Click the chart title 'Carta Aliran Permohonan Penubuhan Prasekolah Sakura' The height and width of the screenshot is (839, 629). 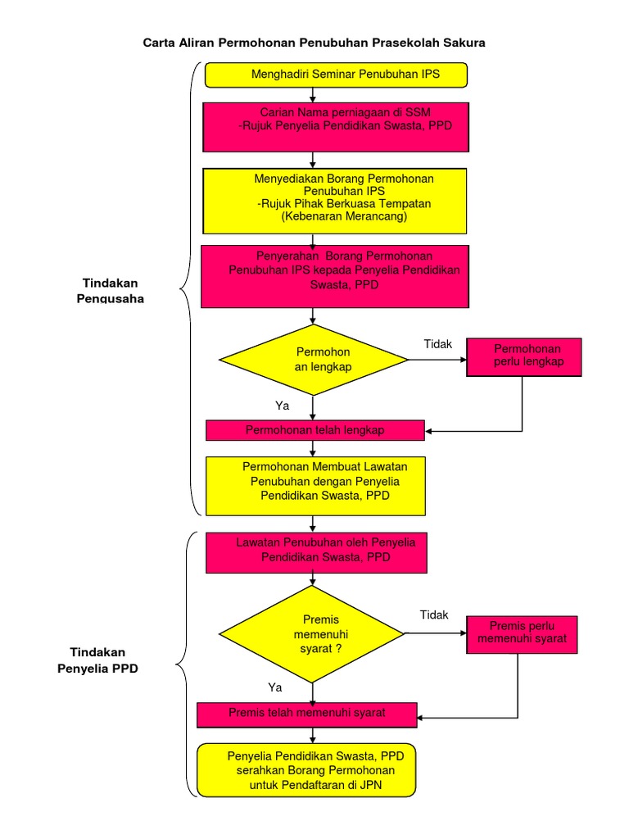[x=314, y=43]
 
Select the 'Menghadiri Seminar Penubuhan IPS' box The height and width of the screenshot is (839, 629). [x=336, y=75]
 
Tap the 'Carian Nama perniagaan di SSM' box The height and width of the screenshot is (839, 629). [x=336, y=126]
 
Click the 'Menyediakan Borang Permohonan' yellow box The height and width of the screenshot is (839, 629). [x=335, y=201]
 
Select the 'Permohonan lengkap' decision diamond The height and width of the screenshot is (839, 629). [x=314, y=360]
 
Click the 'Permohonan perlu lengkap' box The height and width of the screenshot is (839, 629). [x=524, y=356]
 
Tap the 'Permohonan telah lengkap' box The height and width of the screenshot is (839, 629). [x=314, y=430]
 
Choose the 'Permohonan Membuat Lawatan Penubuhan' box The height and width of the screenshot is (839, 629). [x=315, y=485]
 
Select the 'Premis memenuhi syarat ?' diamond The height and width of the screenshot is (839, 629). [x=314, y=633]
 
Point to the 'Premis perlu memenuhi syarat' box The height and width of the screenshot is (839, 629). [x=522, y=634]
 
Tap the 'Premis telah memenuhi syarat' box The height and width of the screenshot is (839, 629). [x=307, y=714]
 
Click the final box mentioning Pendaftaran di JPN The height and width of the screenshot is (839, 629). [x=306, y=770]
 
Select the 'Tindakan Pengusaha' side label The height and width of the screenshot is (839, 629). [x=110, y=290]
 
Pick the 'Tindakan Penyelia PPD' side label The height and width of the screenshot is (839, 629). [x=97, y=660]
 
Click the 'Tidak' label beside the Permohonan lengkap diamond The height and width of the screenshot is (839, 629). [x=437, y=344]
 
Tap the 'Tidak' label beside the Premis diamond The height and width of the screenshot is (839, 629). [x=434, y=615]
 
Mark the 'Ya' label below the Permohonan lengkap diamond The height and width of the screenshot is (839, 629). [x=282, y=405]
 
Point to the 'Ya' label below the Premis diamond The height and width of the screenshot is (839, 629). [x=275, y=687]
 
